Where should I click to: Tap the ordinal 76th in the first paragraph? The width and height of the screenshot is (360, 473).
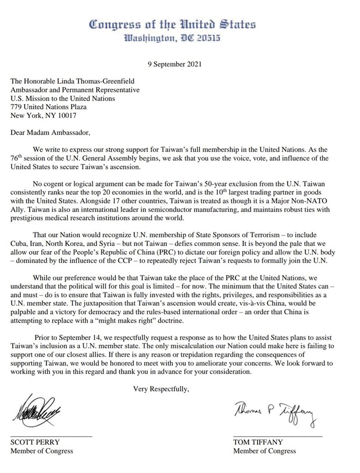pos(17,158)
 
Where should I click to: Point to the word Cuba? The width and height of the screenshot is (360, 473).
pos(18,244)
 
